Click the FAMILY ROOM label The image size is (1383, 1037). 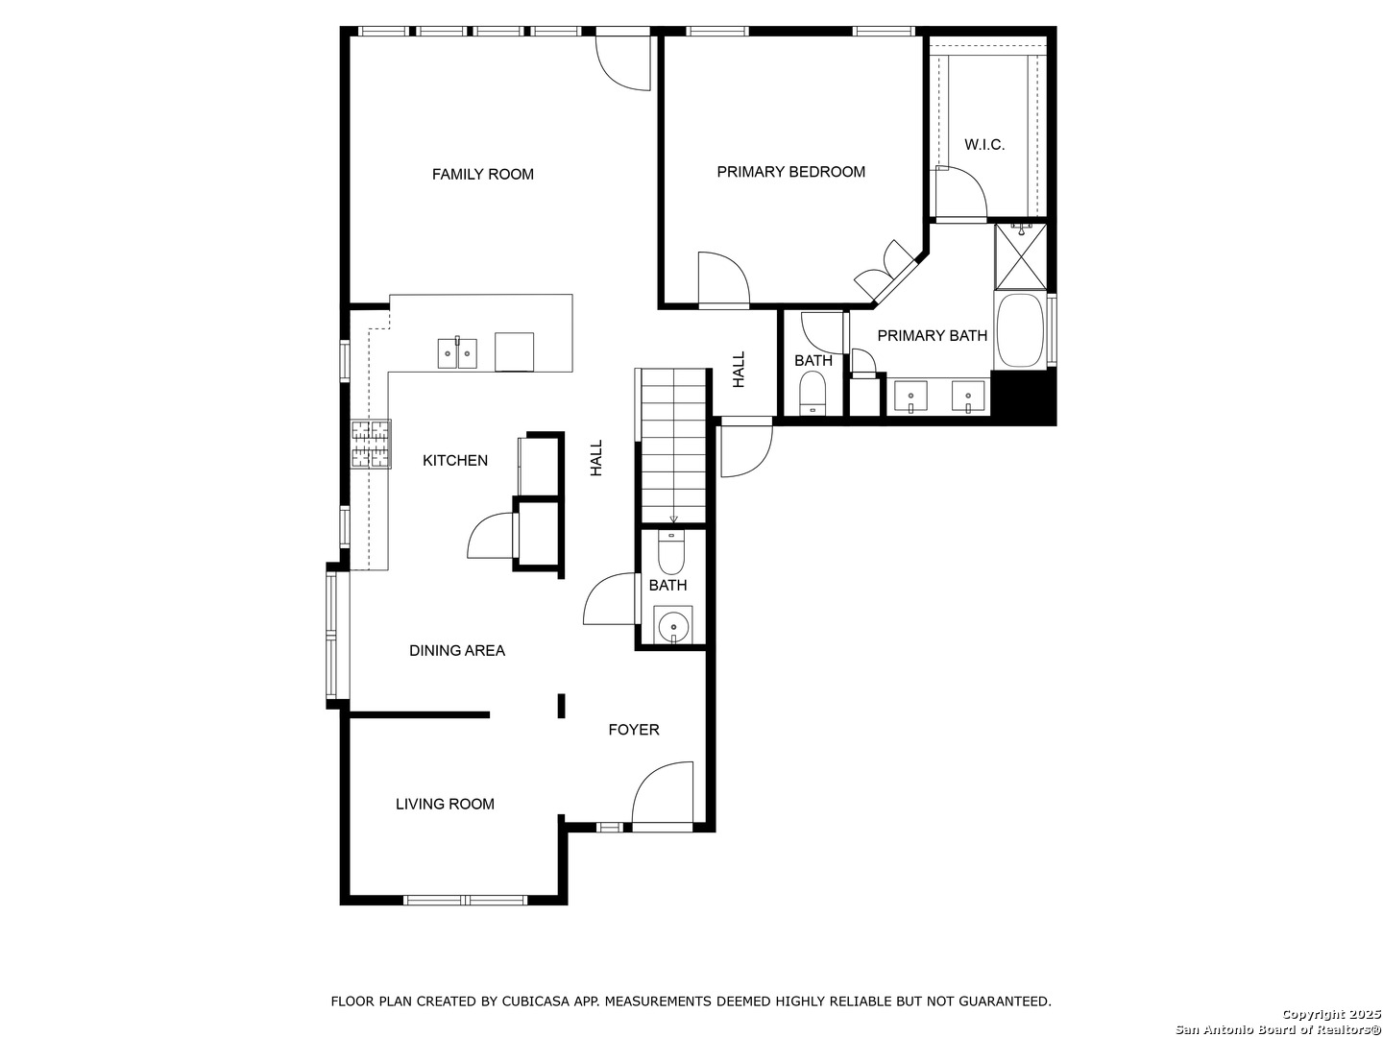click(x=483, y=175)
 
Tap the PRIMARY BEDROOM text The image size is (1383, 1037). click(x=790, y=172)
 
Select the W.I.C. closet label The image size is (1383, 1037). click(x=984, y=145)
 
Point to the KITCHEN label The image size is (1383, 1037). click(x=455, y=461)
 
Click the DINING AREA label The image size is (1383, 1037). click(x=457, y=651)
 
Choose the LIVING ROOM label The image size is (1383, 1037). click(x=445, y=804)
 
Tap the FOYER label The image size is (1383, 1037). click(x=634, y=730)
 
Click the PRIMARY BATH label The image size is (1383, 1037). click(x=932, y=336)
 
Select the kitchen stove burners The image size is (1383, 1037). click(x=371, y=444)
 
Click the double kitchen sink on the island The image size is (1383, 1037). click(x=457, y=353)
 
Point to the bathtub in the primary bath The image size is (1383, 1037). click(x=1019, y=330)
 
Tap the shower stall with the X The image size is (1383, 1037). click(x=1020, y=256)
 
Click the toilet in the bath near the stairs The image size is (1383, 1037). click(x=671, y=552)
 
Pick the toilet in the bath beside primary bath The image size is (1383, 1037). click(x=813, y=393)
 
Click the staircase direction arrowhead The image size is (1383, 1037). click(x=673, y=519)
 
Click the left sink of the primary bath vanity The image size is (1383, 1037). click(x=911, y=397)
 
